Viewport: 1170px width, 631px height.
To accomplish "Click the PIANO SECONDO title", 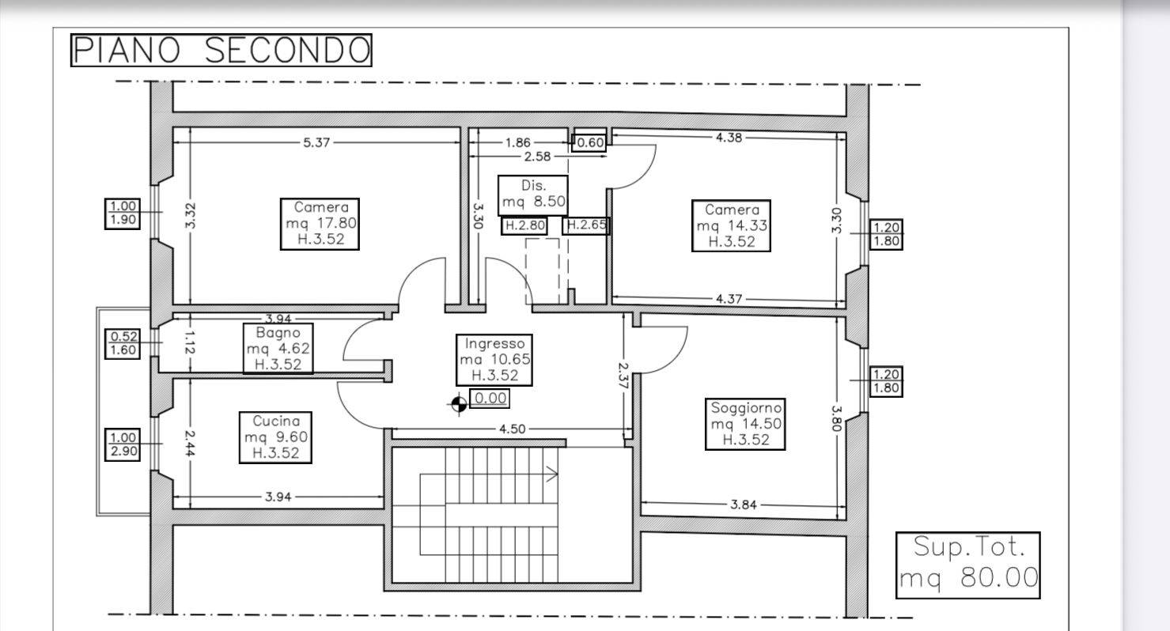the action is point(221,50).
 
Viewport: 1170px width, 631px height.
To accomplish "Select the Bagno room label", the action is point(278,349).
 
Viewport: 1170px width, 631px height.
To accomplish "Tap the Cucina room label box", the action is point(275,437).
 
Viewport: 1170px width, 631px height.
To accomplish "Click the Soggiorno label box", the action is point(745,424).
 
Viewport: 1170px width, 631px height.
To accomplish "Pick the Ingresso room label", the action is point(494,360).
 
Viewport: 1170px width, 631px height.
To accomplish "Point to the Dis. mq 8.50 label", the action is point(532,195).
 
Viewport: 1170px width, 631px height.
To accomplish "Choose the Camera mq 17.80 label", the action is point(320,224).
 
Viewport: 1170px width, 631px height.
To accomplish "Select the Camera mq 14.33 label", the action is point(731,225).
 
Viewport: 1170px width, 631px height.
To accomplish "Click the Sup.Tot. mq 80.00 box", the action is point(967,565).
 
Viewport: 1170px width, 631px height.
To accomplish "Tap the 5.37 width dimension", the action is point(316,142).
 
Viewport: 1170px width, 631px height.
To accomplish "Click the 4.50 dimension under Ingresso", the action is point(512,429).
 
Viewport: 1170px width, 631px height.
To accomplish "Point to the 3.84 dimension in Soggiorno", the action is point(744,504).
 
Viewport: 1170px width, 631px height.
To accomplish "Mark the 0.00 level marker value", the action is point(490,399).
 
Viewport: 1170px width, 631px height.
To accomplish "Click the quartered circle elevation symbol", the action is point(459,404).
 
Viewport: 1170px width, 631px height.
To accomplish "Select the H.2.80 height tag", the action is point(524,226).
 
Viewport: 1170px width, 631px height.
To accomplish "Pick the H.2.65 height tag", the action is point(586,225).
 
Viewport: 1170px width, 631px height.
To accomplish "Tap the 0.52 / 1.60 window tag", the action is point(123,343).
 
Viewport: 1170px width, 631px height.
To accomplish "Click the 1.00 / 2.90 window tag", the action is point(123,444).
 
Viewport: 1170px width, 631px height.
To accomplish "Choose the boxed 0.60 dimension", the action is point(589,142).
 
